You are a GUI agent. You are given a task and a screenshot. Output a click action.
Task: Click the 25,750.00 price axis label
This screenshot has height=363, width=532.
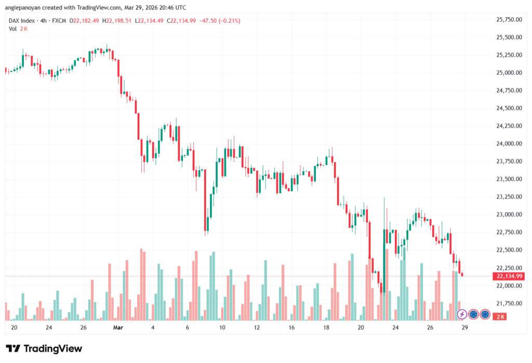[509, 20]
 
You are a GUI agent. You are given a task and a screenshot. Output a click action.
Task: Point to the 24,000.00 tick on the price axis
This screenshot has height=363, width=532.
[509, 144]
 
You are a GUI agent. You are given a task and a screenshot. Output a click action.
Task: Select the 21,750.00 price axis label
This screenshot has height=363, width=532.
[509, 303]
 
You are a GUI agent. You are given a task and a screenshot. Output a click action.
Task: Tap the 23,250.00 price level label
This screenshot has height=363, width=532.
[509, 197]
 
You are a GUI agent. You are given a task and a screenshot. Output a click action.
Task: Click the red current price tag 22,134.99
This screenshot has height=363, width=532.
[509, 276]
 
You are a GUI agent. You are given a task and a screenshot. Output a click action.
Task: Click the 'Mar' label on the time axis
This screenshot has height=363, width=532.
[118, 328]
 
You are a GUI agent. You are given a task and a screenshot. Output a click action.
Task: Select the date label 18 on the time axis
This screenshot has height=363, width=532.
[326, 328]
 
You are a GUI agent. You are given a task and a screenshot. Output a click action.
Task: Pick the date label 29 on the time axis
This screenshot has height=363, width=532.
[465, 328]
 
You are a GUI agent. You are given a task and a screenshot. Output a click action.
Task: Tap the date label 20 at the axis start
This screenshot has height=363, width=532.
[14, 328]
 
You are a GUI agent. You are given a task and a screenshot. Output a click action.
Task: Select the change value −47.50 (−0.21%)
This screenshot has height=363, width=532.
[221, 21]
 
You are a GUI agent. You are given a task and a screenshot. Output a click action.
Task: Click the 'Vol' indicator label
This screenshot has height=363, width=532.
[12, 29]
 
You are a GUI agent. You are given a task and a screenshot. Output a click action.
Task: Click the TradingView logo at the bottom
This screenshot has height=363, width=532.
[44, 348]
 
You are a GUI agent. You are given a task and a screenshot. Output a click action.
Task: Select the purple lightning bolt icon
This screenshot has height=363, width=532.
[461, 314]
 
